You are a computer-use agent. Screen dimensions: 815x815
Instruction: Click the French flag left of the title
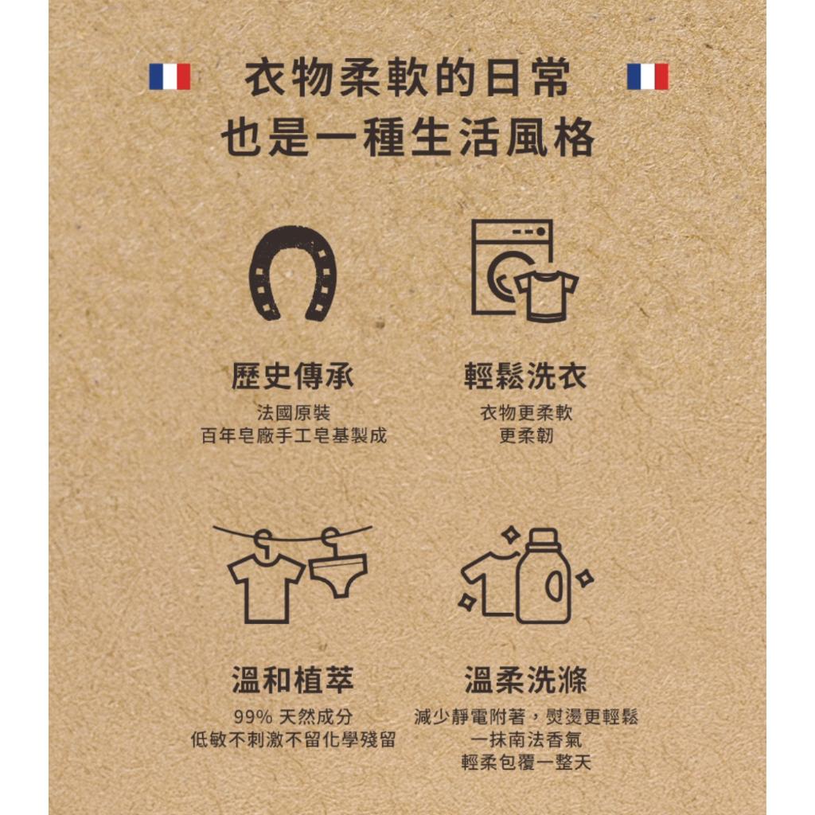pyautogui.click(x=170, y=76)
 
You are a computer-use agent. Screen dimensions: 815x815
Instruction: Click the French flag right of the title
pyautogui.click(x=647, y=76)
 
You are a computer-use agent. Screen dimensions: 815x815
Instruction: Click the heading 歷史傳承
pyautogui.click(x=292, y=375)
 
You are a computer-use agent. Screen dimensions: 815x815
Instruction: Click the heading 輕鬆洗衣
pyautogui.click(x=525, y=375)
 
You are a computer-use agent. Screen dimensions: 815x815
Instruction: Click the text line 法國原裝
pyautogui.click(x=292, y=413)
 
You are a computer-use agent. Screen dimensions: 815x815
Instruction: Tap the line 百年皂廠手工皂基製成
pyautogui.click(x=292, y=436)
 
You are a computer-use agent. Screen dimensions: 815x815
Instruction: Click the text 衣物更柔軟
pyautogui.click(x=525, y=413)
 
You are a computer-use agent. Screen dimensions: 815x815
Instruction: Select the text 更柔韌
pyautogui.click(x=525, y=436)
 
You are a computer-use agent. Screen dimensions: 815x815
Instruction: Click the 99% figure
pyautogui.click(x=248, y=716)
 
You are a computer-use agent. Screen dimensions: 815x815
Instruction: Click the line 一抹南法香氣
pyautogui.click(x=525, y=739)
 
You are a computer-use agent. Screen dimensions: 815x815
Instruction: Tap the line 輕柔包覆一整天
pyautogui.click(x=525, y=762)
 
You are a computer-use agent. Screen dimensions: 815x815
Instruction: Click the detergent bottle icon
pyautogui.click(x=543, y=577)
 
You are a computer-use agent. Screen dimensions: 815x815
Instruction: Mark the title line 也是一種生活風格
pyautogui.click(x=407, y=138)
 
